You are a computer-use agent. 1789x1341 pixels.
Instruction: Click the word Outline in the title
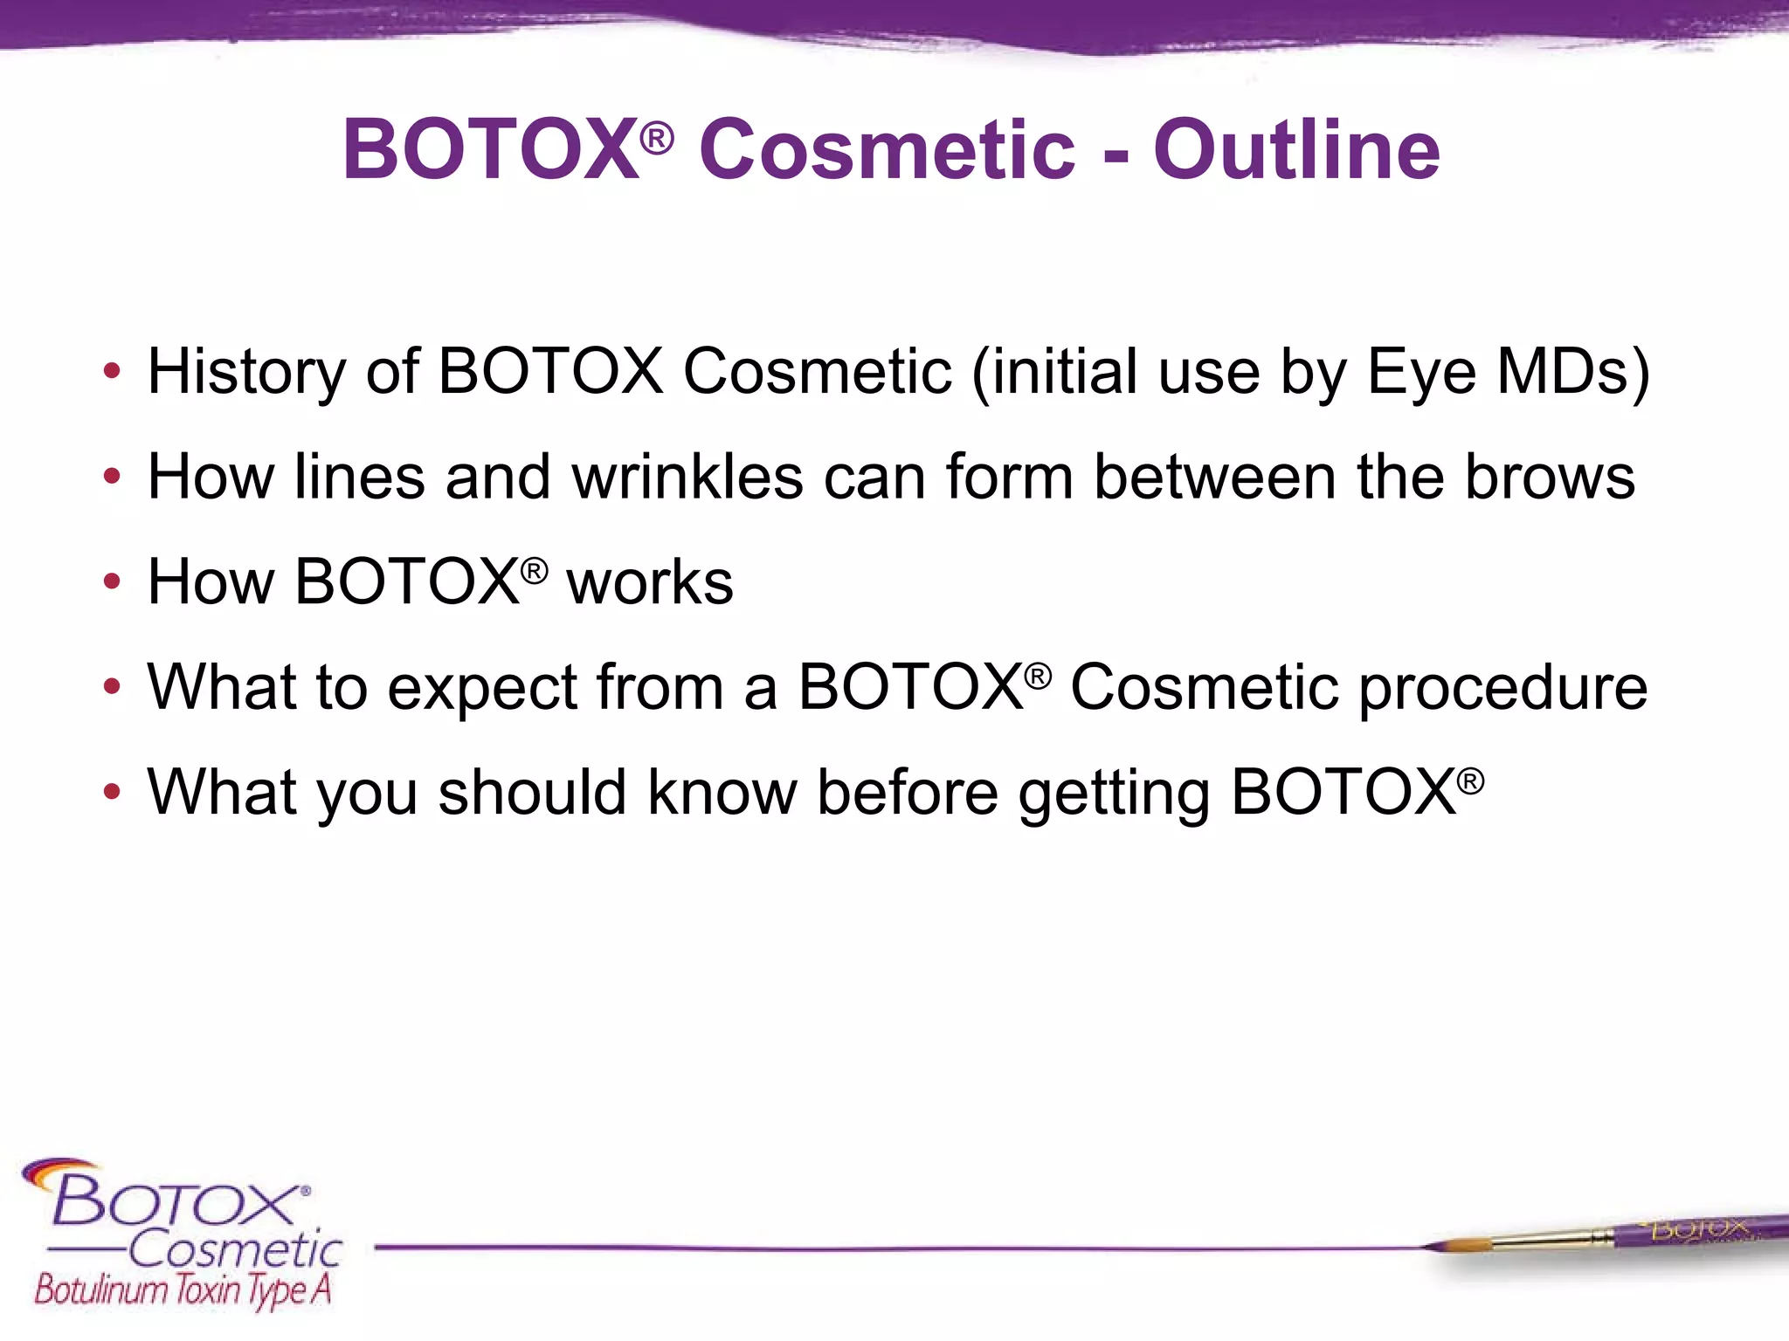click(1296, 150)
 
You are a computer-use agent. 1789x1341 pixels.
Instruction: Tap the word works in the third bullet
click(650, 583)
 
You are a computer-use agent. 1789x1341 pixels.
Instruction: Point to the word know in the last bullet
click(722, 793)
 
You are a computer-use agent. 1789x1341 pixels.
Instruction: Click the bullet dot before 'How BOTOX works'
click(111, 581)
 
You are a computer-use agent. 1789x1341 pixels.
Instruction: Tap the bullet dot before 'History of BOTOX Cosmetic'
click(111, 371)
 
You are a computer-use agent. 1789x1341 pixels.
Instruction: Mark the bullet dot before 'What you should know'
click(111, 792)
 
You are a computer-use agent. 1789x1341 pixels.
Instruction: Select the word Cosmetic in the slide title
click(887, 150)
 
